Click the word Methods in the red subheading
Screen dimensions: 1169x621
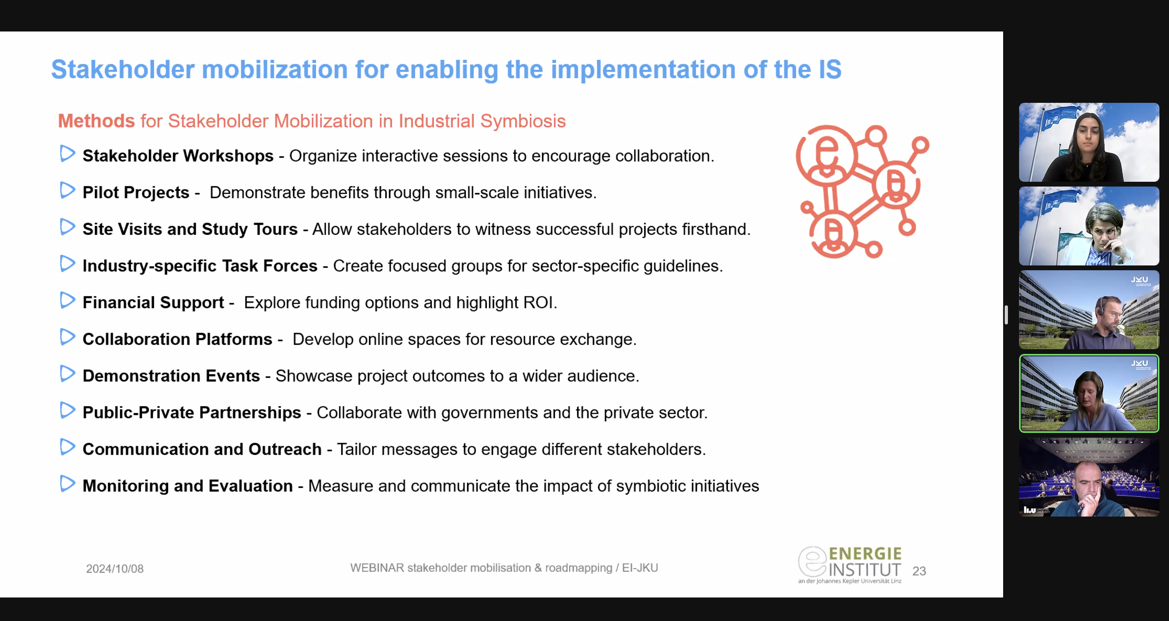[96, 121]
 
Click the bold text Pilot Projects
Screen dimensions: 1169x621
[136, 193]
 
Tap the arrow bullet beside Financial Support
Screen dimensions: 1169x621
[67, 300]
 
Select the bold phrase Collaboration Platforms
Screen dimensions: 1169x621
[177, 339]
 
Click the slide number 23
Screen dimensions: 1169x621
[919, 571]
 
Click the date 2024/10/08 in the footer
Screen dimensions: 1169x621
[115, 569]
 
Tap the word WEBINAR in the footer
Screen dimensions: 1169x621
[377, 568]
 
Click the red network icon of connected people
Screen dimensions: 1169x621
[862, 191]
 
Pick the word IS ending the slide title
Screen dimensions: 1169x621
[830, 69]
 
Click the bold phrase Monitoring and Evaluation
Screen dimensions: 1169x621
[187, 485]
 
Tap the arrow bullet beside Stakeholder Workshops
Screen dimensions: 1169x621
[67, 153]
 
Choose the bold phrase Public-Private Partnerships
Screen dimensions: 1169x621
[192, 412]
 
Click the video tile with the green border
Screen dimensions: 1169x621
[1089, 393]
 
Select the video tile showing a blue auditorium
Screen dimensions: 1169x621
[1089, 477]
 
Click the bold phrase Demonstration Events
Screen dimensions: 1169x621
[171, 375]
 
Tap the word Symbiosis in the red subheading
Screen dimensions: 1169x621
[523, 121]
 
